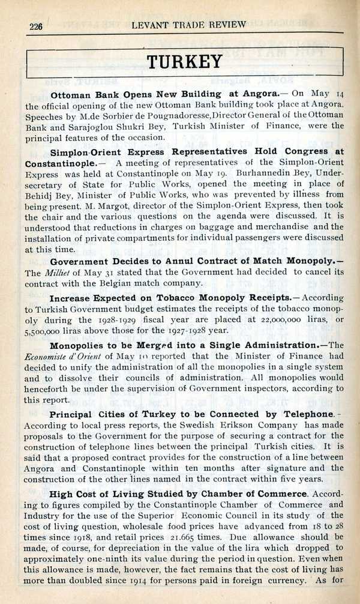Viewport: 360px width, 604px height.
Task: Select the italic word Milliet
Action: click(56, 273)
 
